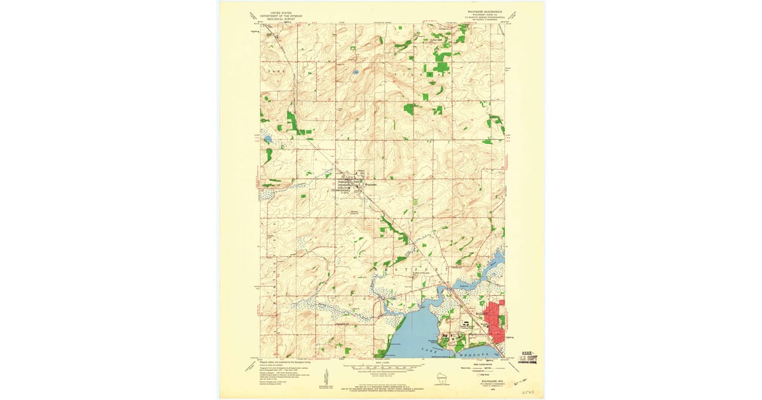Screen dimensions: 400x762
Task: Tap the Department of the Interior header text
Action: click(x=283, y=15)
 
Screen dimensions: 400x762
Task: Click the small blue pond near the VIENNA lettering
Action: click(x=356, y=72)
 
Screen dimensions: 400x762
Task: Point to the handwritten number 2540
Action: click(x=528, y=393)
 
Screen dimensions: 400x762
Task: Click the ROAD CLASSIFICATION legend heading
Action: click(x=485, y=363)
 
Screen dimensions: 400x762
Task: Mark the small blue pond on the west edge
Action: click(x=267, y=138)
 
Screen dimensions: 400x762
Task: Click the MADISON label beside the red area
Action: click(x=482, y=313)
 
